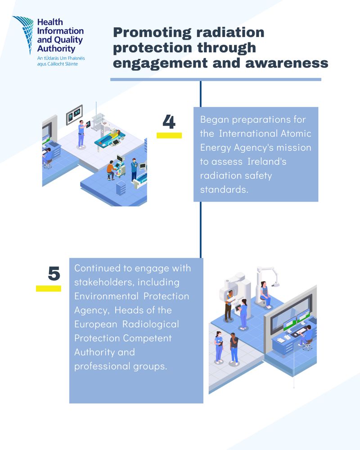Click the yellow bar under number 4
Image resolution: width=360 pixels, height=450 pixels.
pos(169,135)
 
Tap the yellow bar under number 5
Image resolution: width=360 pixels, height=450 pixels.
pos(49,288)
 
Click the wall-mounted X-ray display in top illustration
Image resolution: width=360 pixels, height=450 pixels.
pos(74,115)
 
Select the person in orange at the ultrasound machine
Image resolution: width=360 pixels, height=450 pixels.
pos(110,170)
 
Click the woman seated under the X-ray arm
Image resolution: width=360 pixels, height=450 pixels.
pos(264,295)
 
